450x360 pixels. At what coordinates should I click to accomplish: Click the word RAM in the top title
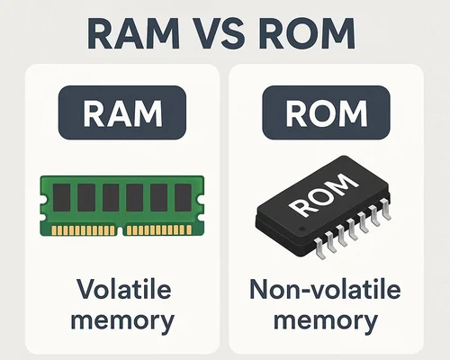point(134,33)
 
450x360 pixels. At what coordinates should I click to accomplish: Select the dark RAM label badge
point(122,112)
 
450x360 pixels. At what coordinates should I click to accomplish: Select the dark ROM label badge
point(326,112)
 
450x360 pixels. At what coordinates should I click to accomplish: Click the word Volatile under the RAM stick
point(124,289)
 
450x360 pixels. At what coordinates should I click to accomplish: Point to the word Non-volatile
point(325,289)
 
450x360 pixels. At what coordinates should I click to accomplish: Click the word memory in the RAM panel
point(122,321)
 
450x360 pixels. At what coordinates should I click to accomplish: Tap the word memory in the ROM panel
point(326,321)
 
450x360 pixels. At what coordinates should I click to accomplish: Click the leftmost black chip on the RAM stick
point(61,197)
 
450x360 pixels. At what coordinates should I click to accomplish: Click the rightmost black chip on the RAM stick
point(183,197)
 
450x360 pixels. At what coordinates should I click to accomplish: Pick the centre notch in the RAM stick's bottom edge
point(121,231)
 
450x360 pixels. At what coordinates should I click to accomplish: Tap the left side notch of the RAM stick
point(42,199)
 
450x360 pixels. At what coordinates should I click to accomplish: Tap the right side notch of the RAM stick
point(202,199)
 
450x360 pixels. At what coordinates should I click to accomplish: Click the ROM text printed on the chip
point(323,195)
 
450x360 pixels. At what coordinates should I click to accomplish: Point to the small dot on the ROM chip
point(302,229)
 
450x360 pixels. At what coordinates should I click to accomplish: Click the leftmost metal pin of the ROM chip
point(319,248)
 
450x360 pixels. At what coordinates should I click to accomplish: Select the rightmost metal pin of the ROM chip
point(386,209)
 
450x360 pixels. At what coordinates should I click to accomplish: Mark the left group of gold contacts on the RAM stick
point(83,230)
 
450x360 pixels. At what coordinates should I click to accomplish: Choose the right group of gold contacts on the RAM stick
point(159,230)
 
